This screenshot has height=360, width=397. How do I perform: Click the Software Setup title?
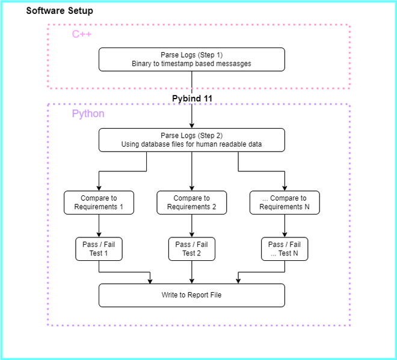coord(60,11)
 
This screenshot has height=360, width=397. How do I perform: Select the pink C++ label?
coord(82,34)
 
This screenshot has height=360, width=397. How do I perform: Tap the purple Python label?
coord(88,114)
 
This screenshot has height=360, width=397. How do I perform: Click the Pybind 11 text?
coord(192,98)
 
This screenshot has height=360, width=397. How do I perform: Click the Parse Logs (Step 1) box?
coord(191,59)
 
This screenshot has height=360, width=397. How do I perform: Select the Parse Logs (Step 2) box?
coord(191,139)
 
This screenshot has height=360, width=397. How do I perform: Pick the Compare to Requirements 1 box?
coord(99,203)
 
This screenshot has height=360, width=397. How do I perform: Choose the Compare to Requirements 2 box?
coord(191,203)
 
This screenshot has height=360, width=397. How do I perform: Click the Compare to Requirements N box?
coord(284,203)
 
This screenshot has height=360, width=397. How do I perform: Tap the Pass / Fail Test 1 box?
coord(99,249)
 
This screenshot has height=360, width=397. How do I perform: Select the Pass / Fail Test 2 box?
coord(191,249)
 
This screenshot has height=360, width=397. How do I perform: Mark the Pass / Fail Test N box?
coord(284,249)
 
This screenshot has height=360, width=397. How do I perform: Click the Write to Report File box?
coord(191,295)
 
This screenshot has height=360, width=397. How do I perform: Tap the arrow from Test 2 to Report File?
coord(191,272)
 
